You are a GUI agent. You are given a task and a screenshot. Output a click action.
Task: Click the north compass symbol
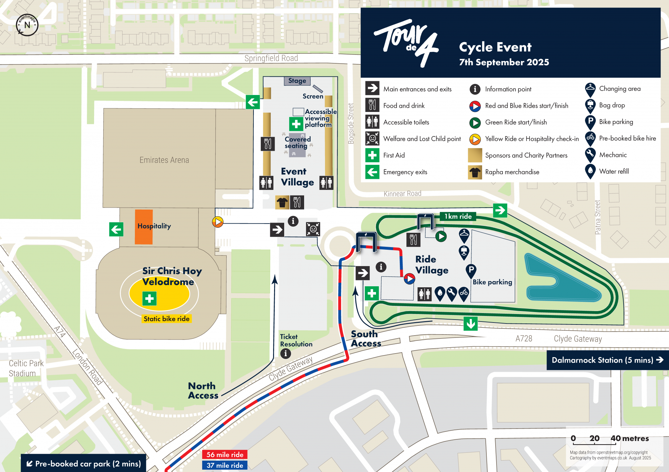coord(27,25)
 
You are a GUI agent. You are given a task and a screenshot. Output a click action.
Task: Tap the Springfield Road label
coord(271,58)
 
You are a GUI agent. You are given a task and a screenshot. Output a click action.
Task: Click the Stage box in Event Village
coord(297,81)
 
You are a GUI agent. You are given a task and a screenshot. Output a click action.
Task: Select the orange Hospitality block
coord(144,227)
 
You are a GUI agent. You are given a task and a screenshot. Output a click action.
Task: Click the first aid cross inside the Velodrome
coord(149,298)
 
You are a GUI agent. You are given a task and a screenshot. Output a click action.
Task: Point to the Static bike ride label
coord(167,319)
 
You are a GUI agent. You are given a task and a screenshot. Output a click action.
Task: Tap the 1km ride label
coord(458,216)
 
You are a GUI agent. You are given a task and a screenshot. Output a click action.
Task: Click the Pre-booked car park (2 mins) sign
coord(84,464)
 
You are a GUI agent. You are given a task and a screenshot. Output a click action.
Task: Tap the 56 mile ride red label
coord(225,454)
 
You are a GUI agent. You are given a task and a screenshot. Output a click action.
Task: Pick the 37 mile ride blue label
coord(225,465)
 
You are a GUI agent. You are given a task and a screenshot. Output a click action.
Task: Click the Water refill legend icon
coord(590,171)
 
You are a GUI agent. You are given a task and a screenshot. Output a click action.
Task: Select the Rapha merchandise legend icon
coord(475,172)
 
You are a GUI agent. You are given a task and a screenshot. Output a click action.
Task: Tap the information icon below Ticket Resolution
coord(286,353)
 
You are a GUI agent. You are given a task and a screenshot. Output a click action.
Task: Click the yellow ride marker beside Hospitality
coord(218,222)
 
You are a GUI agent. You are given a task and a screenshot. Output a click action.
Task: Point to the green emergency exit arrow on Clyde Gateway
coord(470,324)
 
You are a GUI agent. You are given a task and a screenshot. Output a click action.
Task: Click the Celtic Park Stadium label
coord(26,368)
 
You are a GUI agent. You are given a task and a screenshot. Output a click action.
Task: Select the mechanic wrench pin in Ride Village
coord(451,293)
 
